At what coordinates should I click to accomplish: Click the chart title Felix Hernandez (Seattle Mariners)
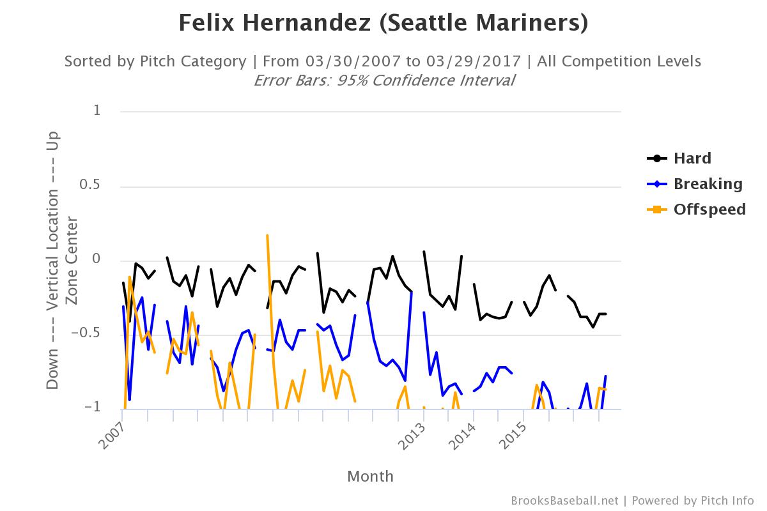coord(383,24)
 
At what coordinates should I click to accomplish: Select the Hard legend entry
coord(692,158)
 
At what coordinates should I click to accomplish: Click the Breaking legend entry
coord(708,184)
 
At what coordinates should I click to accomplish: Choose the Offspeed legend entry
coord(709,210)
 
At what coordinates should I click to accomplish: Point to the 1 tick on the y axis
coord(97,111)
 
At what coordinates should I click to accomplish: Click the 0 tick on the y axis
coord(97,259)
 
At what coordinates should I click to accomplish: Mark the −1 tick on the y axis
coord(93,408)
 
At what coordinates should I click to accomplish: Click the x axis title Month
coord(370,477)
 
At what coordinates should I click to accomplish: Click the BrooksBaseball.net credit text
coord(564,501)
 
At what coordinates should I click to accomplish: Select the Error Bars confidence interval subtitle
coord(383,80)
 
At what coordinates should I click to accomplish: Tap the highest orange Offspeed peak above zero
coord(267,235)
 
